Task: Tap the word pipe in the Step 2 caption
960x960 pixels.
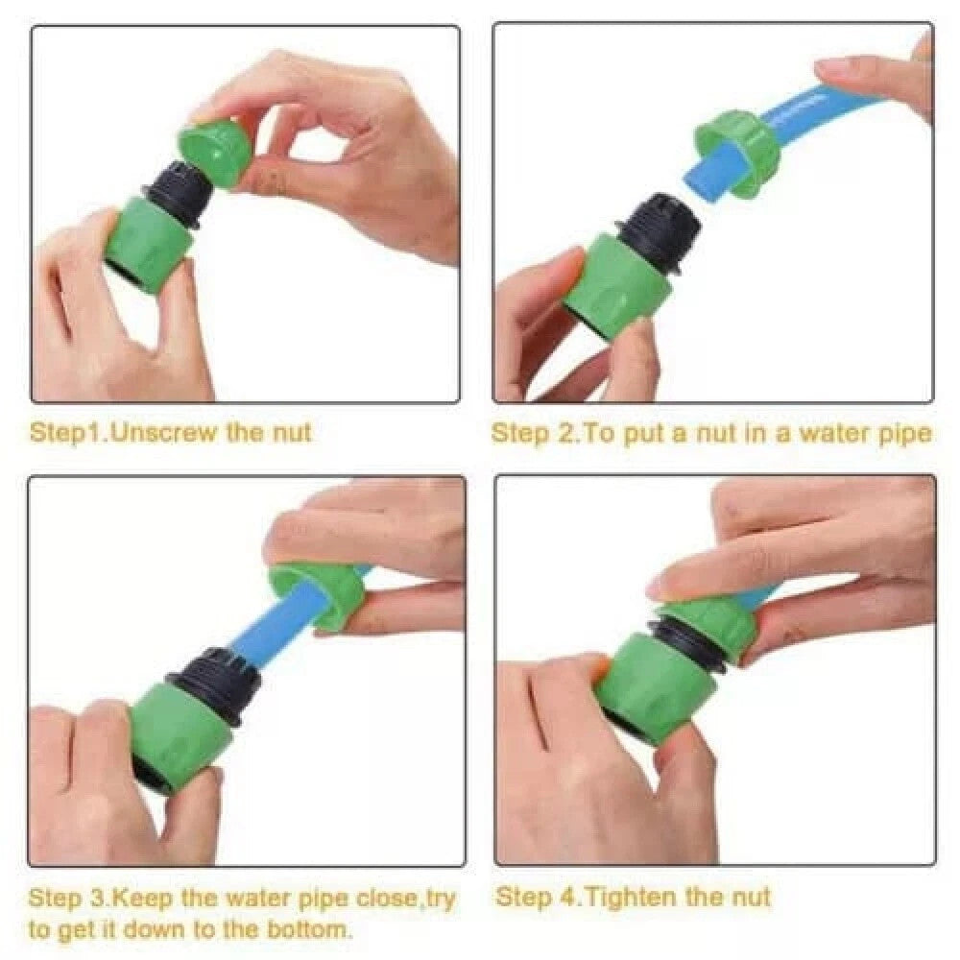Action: click(902, 433)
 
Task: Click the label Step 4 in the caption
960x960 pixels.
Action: click(534, 898)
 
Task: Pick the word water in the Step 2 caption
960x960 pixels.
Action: click(825, 433)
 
